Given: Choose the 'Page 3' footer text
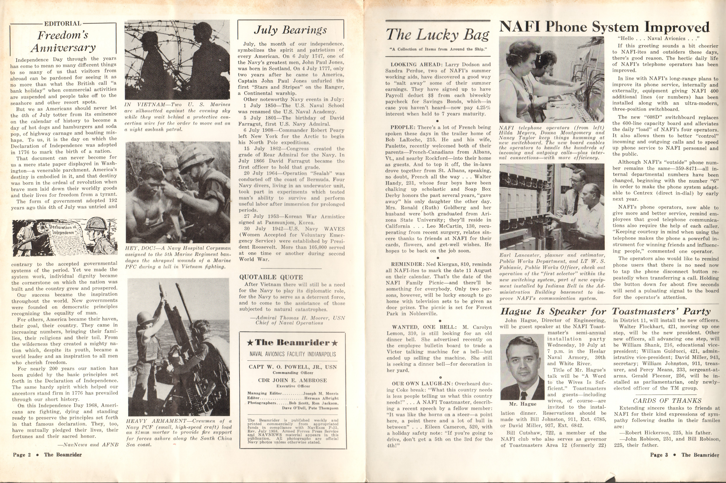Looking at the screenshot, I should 659,455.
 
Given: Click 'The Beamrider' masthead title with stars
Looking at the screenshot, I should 292,343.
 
